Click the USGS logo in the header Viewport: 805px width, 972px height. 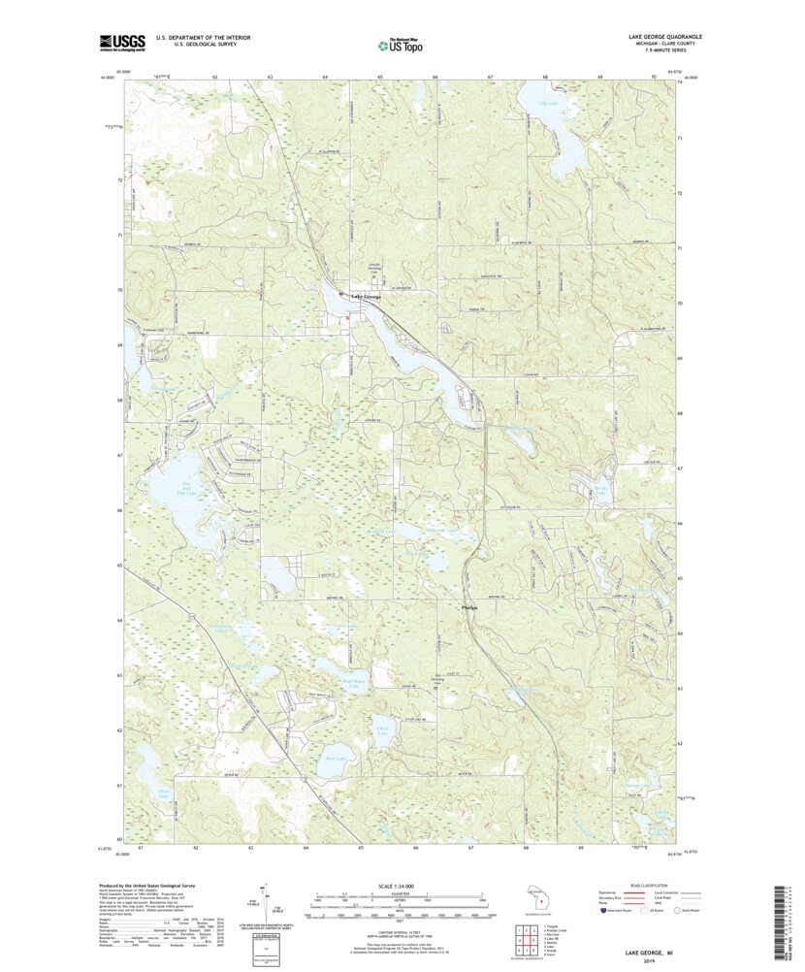pos(121,42)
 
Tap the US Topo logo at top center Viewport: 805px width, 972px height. pos(400,44)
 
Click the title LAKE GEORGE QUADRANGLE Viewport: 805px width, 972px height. pos(660,36)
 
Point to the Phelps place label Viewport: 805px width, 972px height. pos(467,608)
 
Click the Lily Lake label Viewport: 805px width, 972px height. pos(549,102)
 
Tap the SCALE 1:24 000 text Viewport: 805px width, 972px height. pos(400,885)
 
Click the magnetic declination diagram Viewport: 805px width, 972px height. pos(264,900)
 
